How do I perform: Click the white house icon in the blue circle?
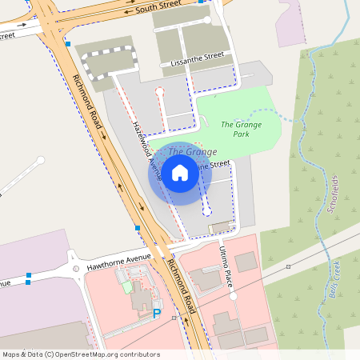180,172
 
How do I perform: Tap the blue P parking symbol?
157,314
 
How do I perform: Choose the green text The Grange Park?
238,129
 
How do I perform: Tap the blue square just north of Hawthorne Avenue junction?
138,229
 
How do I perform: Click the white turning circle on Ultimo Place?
234,296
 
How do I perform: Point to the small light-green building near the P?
127,286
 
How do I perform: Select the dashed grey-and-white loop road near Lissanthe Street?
109,65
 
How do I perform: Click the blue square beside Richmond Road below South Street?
69,43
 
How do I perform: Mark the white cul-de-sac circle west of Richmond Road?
40,160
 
